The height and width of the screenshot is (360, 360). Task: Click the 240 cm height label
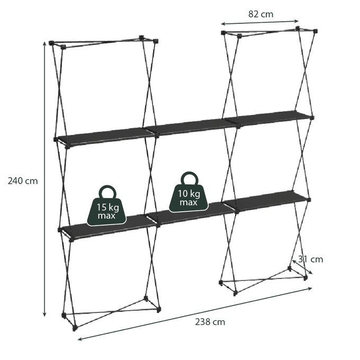23,181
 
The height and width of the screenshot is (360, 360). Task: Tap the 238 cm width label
210,322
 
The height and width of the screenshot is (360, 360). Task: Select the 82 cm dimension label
261,14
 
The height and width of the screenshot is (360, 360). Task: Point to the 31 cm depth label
311,259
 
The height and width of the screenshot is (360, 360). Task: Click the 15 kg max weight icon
107,206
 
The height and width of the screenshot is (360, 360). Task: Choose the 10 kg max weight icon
188,192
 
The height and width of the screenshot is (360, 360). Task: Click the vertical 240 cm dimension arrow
45,179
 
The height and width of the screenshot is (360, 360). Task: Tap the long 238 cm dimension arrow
195,313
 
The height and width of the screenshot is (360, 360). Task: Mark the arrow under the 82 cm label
259,22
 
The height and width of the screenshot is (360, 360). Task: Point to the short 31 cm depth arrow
302,267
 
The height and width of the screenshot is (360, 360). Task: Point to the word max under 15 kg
106,215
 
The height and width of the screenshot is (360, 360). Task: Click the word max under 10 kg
188,202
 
